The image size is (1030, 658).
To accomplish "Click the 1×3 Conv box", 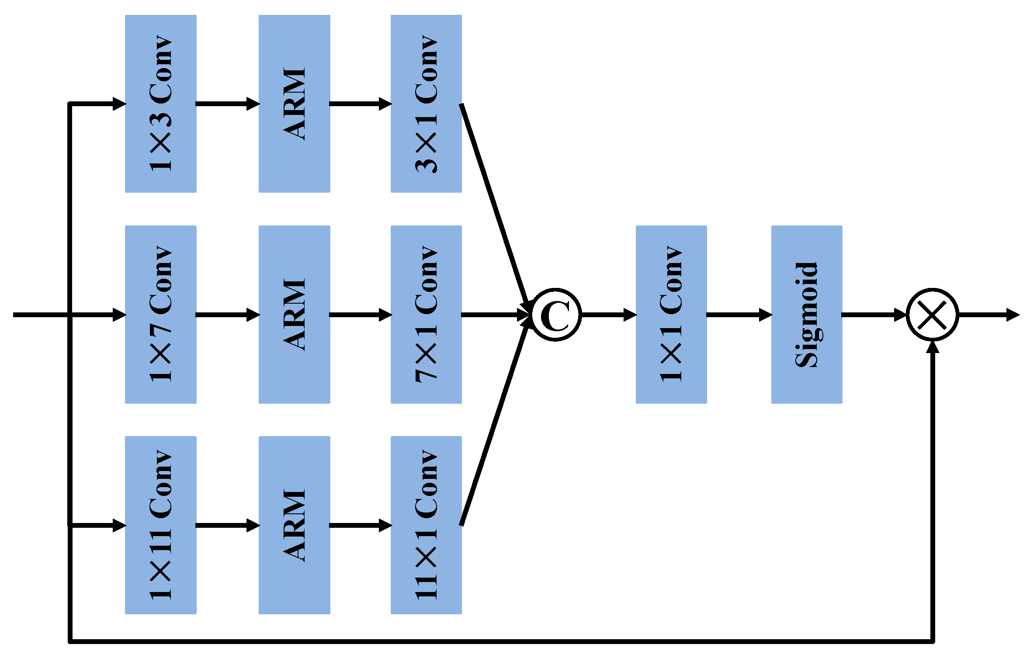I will pos(160,104).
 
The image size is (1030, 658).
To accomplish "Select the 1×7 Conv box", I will pos(160,314).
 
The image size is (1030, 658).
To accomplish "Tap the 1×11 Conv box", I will pos(160,525).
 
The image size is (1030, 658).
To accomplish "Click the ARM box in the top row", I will pos(294,104).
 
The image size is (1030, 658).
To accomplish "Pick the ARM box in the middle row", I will pos(294,314).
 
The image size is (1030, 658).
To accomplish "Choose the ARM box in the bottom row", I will pos(294,525).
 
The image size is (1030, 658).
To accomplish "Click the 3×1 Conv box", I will pos(426,104).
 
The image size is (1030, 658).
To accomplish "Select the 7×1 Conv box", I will pos(426,314).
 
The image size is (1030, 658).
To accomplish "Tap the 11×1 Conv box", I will pos(426,525).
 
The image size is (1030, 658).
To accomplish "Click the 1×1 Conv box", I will pos(671,314).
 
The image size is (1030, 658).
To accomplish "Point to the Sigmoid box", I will pos(807,314).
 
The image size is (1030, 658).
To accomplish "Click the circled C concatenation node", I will pos(556,315).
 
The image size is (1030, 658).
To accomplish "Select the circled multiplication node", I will pos(933,315).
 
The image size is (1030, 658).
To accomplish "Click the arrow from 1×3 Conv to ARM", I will pos(227,104).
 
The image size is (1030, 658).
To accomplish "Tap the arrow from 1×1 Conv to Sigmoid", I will pos(739,315).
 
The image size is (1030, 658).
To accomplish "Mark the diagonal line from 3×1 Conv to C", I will pos(495,205).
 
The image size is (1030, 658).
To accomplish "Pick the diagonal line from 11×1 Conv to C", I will pos(495,422).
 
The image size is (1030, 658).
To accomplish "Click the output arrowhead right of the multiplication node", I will pos(1013,315).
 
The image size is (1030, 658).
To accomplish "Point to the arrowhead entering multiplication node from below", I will pos(933,347).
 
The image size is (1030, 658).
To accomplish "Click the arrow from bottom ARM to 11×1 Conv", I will pos(360,525).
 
